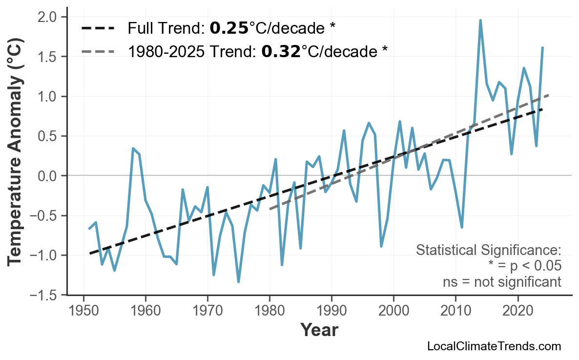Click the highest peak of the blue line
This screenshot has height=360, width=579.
480,21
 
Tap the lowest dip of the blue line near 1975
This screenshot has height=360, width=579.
238,282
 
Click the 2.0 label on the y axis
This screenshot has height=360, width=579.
48,17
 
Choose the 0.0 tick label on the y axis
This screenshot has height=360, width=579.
48,176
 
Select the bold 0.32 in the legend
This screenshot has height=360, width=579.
281,51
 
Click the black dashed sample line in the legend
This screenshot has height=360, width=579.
98,28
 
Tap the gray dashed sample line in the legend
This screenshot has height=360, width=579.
98,51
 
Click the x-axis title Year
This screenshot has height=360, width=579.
319,330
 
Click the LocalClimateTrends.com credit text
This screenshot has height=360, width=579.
494,347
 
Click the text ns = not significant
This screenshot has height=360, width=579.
502,282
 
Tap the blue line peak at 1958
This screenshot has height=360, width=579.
133,148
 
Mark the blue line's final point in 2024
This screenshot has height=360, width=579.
542,47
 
